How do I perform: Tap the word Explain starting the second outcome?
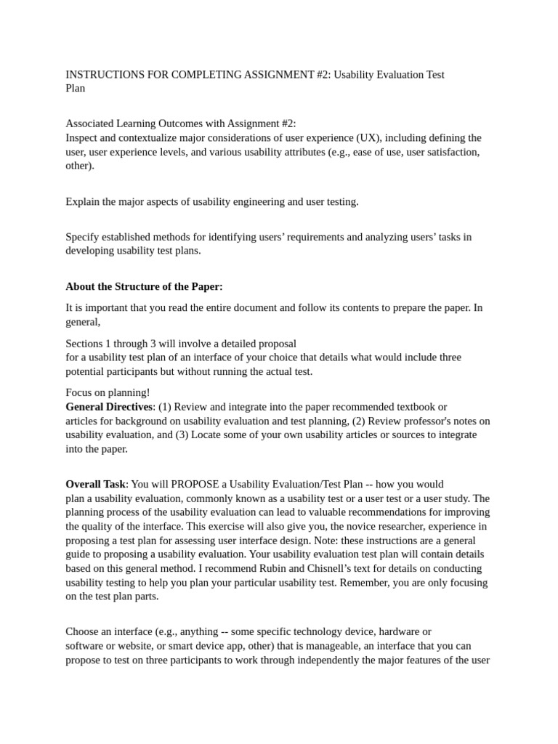(82, 201)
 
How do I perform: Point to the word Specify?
(83, 237)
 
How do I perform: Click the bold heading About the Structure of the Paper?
(144, 286)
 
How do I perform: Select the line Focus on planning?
(108, 393)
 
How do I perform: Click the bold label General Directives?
(109, 407)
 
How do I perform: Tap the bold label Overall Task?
(96, 484)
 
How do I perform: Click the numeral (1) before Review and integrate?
(165, 407)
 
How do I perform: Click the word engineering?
(238, 201)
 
